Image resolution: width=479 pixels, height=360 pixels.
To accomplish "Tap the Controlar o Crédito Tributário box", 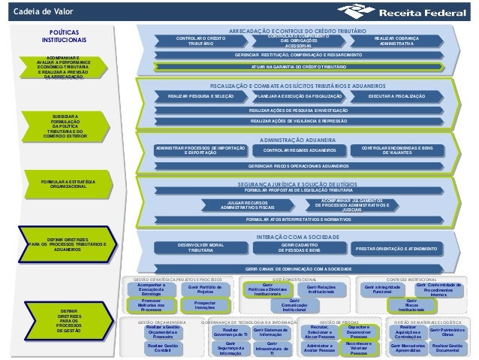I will [200, 41].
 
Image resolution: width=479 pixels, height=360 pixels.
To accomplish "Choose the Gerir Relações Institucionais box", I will [320, 289].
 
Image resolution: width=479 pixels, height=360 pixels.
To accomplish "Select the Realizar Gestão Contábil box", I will [162, 349].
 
